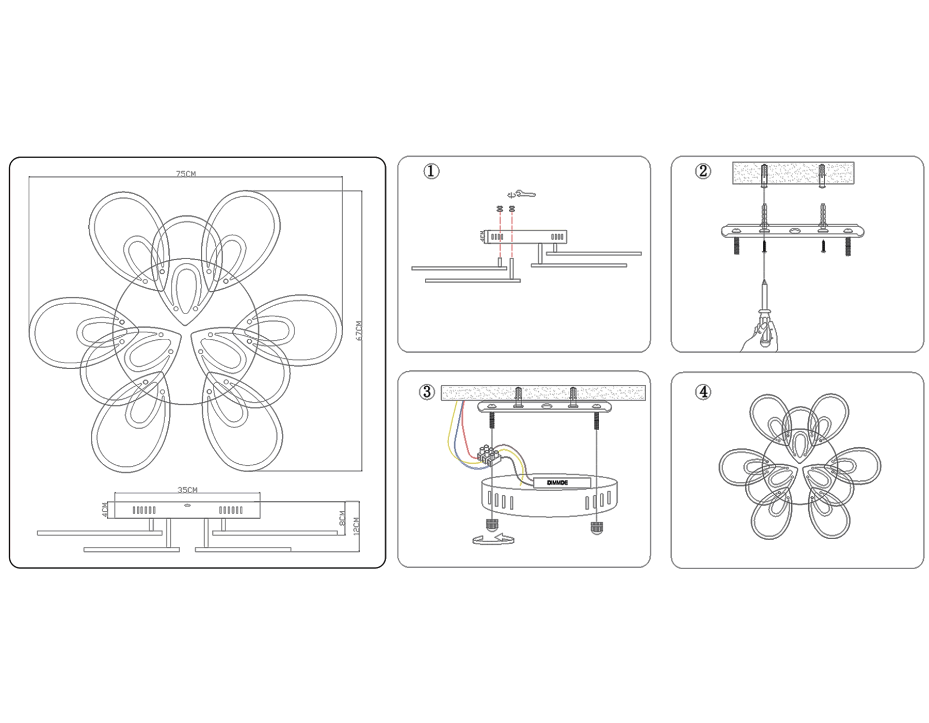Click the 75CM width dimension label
186,174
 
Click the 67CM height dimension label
359,331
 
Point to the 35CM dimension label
187,490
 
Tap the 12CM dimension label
356,526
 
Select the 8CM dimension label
342,518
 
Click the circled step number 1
431,171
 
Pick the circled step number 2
702,171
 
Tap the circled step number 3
427,391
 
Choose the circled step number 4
703,391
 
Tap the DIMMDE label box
562,483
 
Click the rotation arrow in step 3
493,540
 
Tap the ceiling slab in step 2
793,173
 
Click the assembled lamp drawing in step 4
800,466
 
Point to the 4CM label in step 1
483,236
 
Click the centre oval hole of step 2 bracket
794,231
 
